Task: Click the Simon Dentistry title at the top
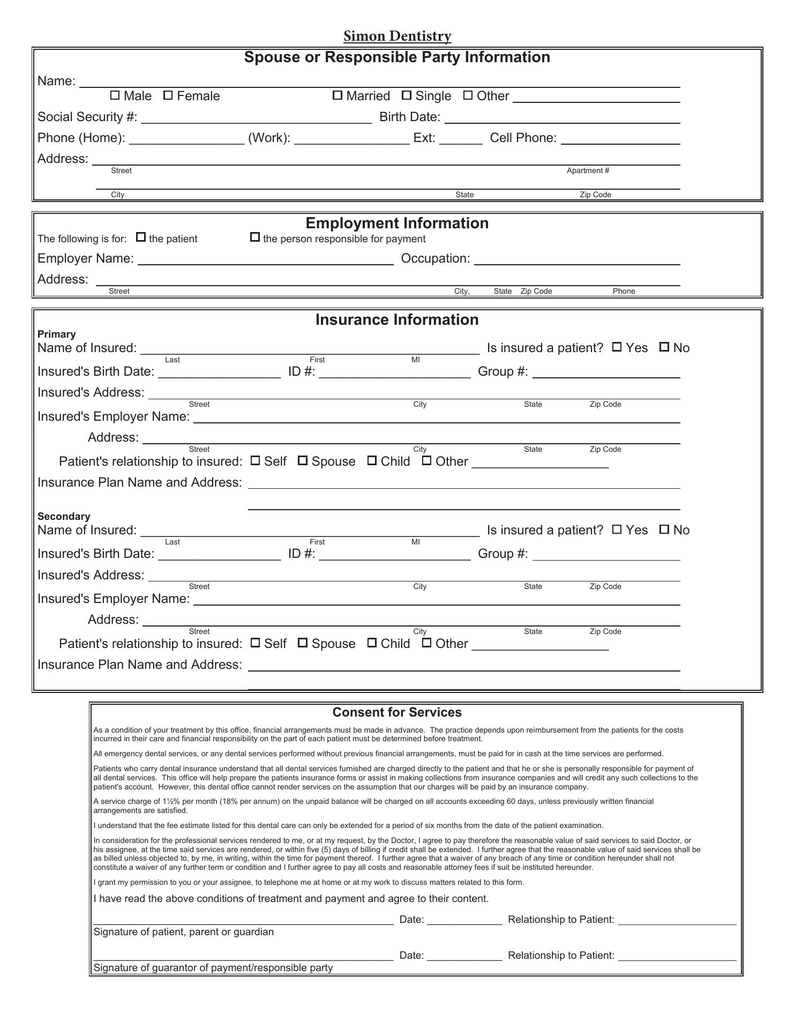click(397, 36)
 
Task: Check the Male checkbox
click(115, 95)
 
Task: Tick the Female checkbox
click(168, 95)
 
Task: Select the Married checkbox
click(337, 95)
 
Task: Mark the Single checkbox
click(407, 95)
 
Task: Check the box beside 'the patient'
click(141, 237)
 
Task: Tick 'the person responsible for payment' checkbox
click(255, 237)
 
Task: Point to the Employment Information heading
click(397, 223)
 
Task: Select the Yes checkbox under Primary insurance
click(617, 347)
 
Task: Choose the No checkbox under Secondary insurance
click(664, 530)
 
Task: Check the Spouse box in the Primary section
click(303, 460)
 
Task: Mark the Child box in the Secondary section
click(372, 643)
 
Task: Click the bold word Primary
click(57, 334)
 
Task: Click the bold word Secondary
click(64, 516)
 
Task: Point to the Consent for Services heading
click(397, 712)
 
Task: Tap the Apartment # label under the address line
click(588, 170)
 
